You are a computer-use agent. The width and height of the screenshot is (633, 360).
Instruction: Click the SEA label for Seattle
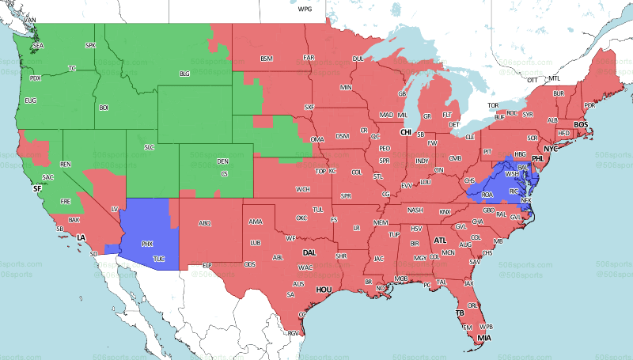click(x=37, y=47)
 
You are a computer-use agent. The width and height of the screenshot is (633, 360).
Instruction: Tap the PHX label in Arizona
click(x=147, y=244)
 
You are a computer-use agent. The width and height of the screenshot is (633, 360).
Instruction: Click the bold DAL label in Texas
click(x=309, y=252)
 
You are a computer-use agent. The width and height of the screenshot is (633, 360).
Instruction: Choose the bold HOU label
click(x=323, y=290)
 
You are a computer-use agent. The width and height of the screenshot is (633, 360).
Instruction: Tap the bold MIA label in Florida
click(x=483, y=341)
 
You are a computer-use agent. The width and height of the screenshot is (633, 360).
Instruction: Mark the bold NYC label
click(x=550, y=148)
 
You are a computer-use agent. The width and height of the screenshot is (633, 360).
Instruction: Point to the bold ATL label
click(x=440, y=240)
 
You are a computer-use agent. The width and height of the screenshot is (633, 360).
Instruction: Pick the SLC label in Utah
click(x=149, y=147)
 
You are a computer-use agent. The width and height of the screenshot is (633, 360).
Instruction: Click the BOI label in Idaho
click(x=104, y=107)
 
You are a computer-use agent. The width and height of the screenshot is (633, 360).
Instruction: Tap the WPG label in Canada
click(x=305, y=9)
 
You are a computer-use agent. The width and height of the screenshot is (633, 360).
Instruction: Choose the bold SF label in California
click(x=36, y=189)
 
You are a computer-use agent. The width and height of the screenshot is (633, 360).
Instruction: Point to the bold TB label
click(x=459, y=313)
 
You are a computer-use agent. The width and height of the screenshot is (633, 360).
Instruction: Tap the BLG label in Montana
click(x=185, y=74)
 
